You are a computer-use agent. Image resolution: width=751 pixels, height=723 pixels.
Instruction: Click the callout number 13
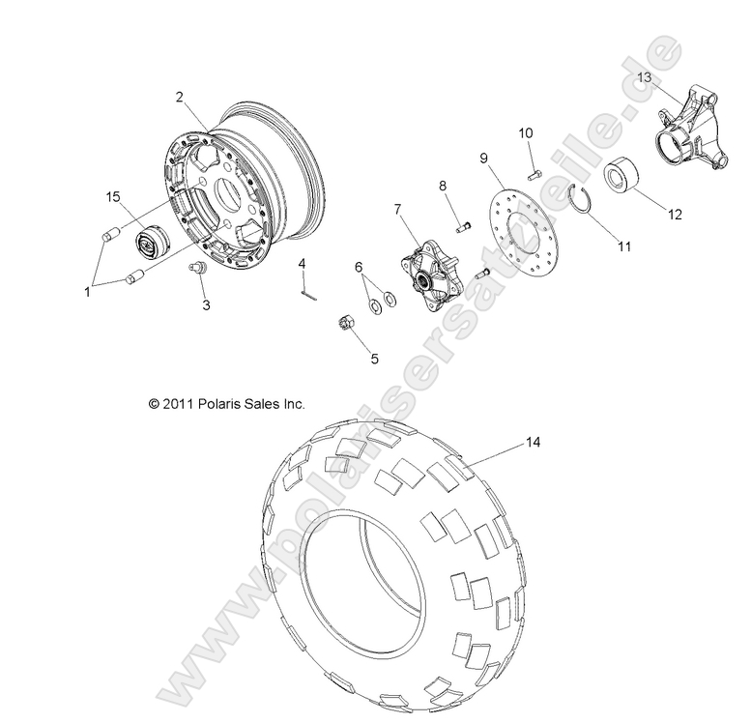645,76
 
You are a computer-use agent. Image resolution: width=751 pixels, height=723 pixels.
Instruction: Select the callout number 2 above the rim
179,96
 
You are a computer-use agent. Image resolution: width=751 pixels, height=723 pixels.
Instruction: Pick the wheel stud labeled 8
462,225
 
